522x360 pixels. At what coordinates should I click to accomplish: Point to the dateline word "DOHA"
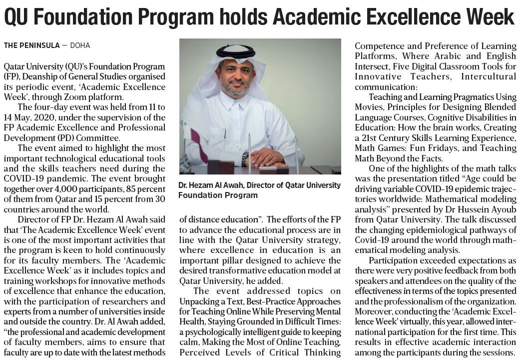tap(80, 45)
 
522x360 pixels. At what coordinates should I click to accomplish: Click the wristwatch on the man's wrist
tap(245, 158)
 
